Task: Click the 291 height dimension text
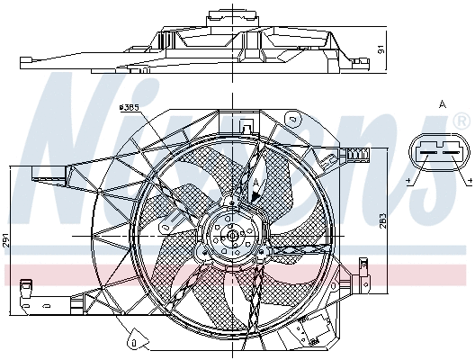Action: (x=5, y=240)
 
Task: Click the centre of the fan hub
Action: (x=233, y=236)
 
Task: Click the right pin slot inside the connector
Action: (x=451, y=153)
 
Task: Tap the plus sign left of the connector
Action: (x=409, y=183)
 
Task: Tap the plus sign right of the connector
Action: (x=470, y=183)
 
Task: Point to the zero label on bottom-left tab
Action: (x=132, y=341)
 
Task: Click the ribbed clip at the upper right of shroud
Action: (x=359, y=155)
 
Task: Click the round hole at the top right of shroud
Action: (x=292, y=119)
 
